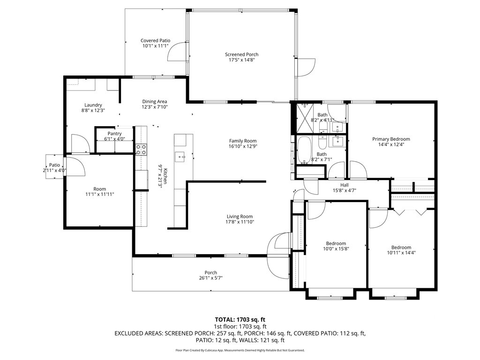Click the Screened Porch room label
(x=241, y=54)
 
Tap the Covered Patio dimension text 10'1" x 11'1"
(x=156, y=46)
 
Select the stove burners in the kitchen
(x=141, y=150)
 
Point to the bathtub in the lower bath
(x=304, y=150)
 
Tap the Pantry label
(x=114, y=134)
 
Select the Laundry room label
(x=93, y=105)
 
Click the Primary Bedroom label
(x=391, y=139)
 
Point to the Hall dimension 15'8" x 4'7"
(x=345, y=190)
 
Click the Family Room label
(x=243, y=141)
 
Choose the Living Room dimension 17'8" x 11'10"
(x=240, y=222)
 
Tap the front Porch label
(x=210, y=272)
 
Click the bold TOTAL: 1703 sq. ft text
(x=240, y=320)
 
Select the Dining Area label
(x=154, y=102)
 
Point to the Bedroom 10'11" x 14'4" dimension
(x=401, y=253)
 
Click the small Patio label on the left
(x=54, y=165)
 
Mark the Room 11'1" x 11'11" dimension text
(x=99, y=194)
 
